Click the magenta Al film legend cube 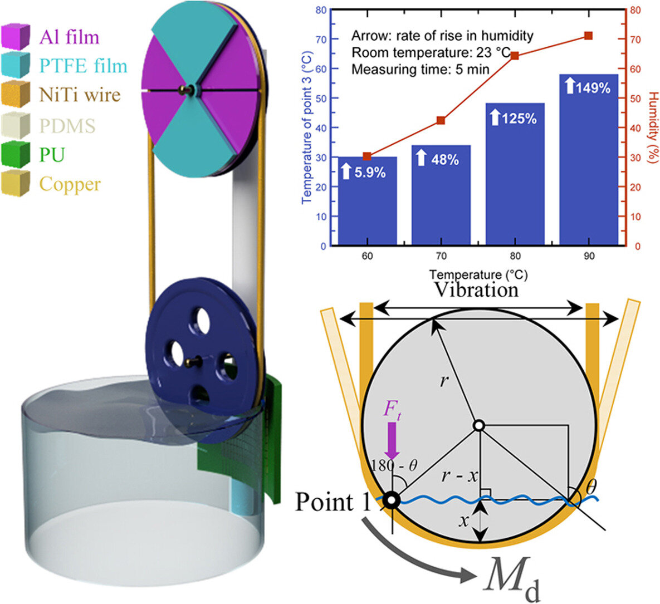pos(16,36)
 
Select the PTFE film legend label pos(83,66)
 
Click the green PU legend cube pos(16,154)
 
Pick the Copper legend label pos(70,184)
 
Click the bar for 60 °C pos(368,201)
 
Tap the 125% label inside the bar pos(513,118)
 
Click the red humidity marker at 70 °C pos(441,120)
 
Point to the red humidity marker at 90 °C pos(588,36)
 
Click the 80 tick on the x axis pos(515,256)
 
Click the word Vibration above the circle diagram pos(476,289)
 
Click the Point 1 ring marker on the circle pos(392,500)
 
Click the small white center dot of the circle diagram pos(478,426)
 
